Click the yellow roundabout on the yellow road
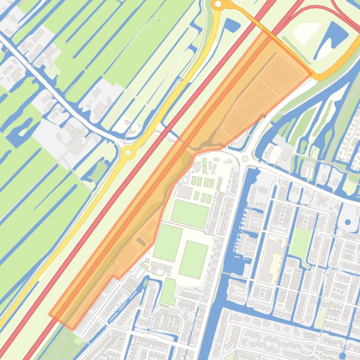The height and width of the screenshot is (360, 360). [x=128, y=152]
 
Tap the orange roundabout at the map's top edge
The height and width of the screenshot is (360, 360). [x=218, y=5]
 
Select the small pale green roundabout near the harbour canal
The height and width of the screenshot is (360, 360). [x=245, y=159]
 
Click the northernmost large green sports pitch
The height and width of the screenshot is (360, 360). [x=189, y=214]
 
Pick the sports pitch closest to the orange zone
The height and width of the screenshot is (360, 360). [x=167, y=242]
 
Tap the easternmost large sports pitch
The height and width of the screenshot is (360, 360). [x=193, y=259]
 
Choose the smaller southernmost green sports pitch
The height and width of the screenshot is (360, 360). [x=168, y=291]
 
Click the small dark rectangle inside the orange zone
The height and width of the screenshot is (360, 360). [x=140, y=241]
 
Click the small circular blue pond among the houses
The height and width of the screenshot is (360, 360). [x=349, y=223]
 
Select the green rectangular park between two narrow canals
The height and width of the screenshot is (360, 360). [x=301, y=243]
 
